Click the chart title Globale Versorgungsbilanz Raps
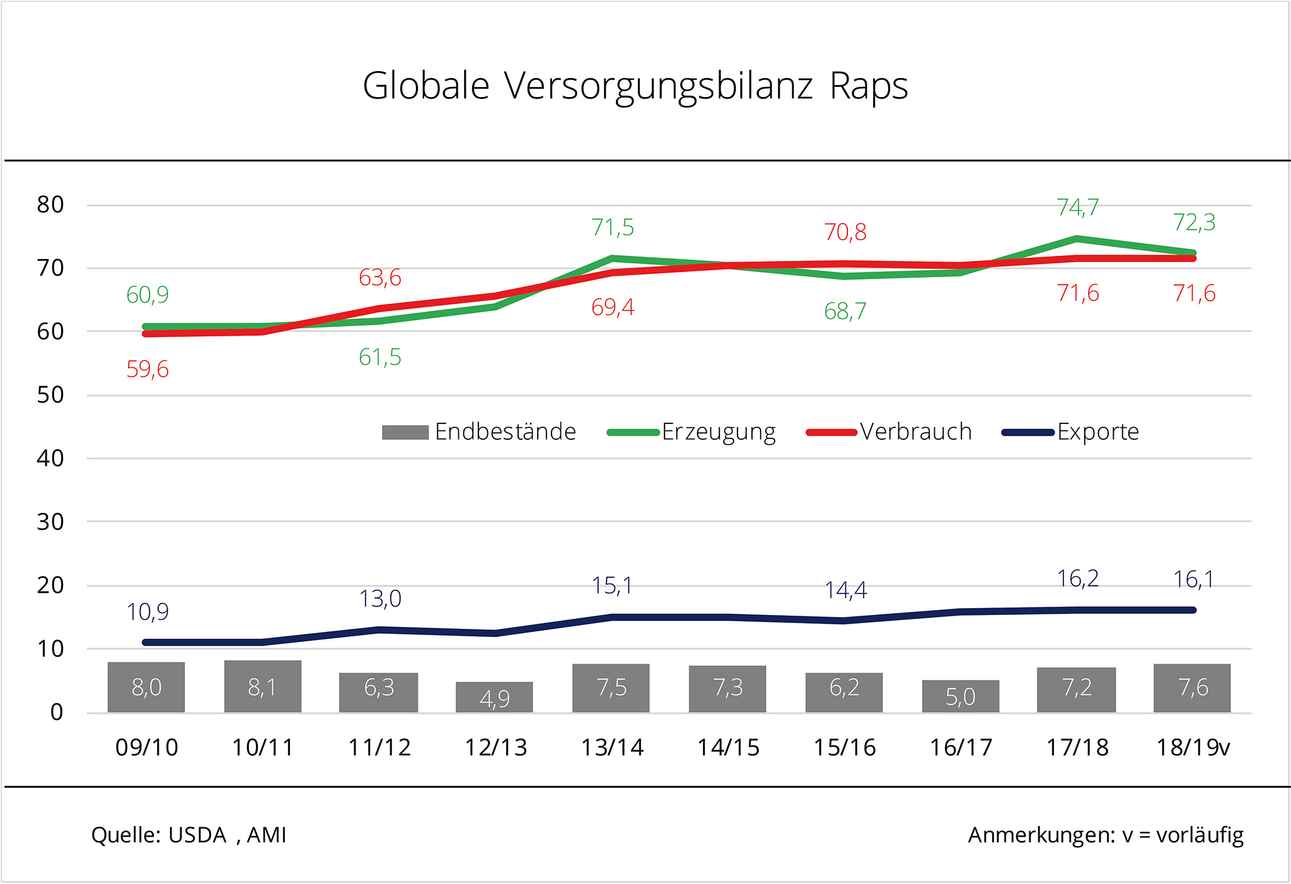(635, 86)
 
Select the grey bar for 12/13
(494, 697)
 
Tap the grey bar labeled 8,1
(262, 686)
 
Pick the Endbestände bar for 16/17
(960, 696)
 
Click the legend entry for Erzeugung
(691, 432)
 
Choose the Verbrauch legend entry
(889, 432)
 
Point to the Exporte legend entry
(1070, 432)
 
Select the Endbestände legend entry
(479, 432)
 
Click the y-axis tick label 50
(50, 395)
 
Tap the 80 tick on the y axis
(50, 205)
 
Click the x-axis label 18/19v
(1193, 748)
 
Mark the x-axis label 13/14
(611, 748)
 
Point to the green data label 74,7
(1078, 207)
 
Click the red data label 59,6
(148, 369)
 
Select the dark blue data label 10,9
(148, 612)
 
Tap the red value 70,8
(845, 232)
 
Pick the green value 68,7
(845, 311)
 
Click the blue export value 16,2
(1078, 578)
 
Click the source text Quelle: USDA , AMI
(188, 835)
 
